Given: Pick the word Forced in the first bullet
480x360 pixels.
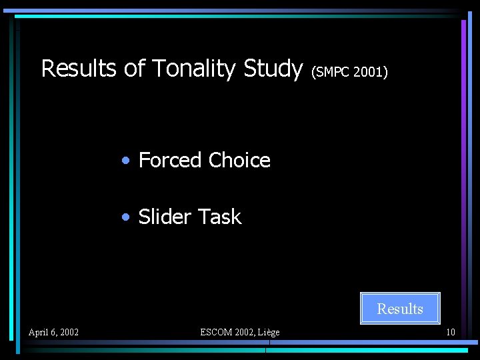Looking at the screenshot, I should click(170, 160).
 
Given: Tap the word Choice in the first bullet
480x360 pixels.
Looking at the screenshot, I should click(239, 160).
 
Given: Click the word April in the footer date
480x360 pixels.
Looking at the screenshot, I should click(39, 332).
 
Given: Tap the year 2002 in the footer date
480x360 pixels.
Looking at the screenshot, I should click(68, 332).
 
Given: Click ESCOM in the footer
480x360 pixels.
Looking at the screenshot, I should click(215, 332).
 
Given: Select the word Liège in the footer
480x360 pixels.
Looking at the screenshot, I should click(269, 332).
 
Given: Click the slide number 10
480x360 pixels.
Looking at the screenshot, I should click(451, 332).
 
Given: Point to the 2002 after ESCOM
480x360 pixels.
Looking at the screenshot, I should click(243, 332).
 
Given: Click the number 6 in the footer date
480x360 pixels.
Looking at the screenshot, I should click(53, 332).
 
